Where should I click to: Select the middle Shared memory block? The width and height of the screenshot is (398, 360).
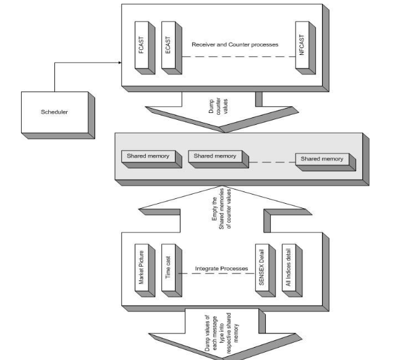[x=215, y=157]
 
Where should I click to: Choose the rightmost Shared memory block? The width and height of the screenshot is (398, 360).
[x=322, y=159]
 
